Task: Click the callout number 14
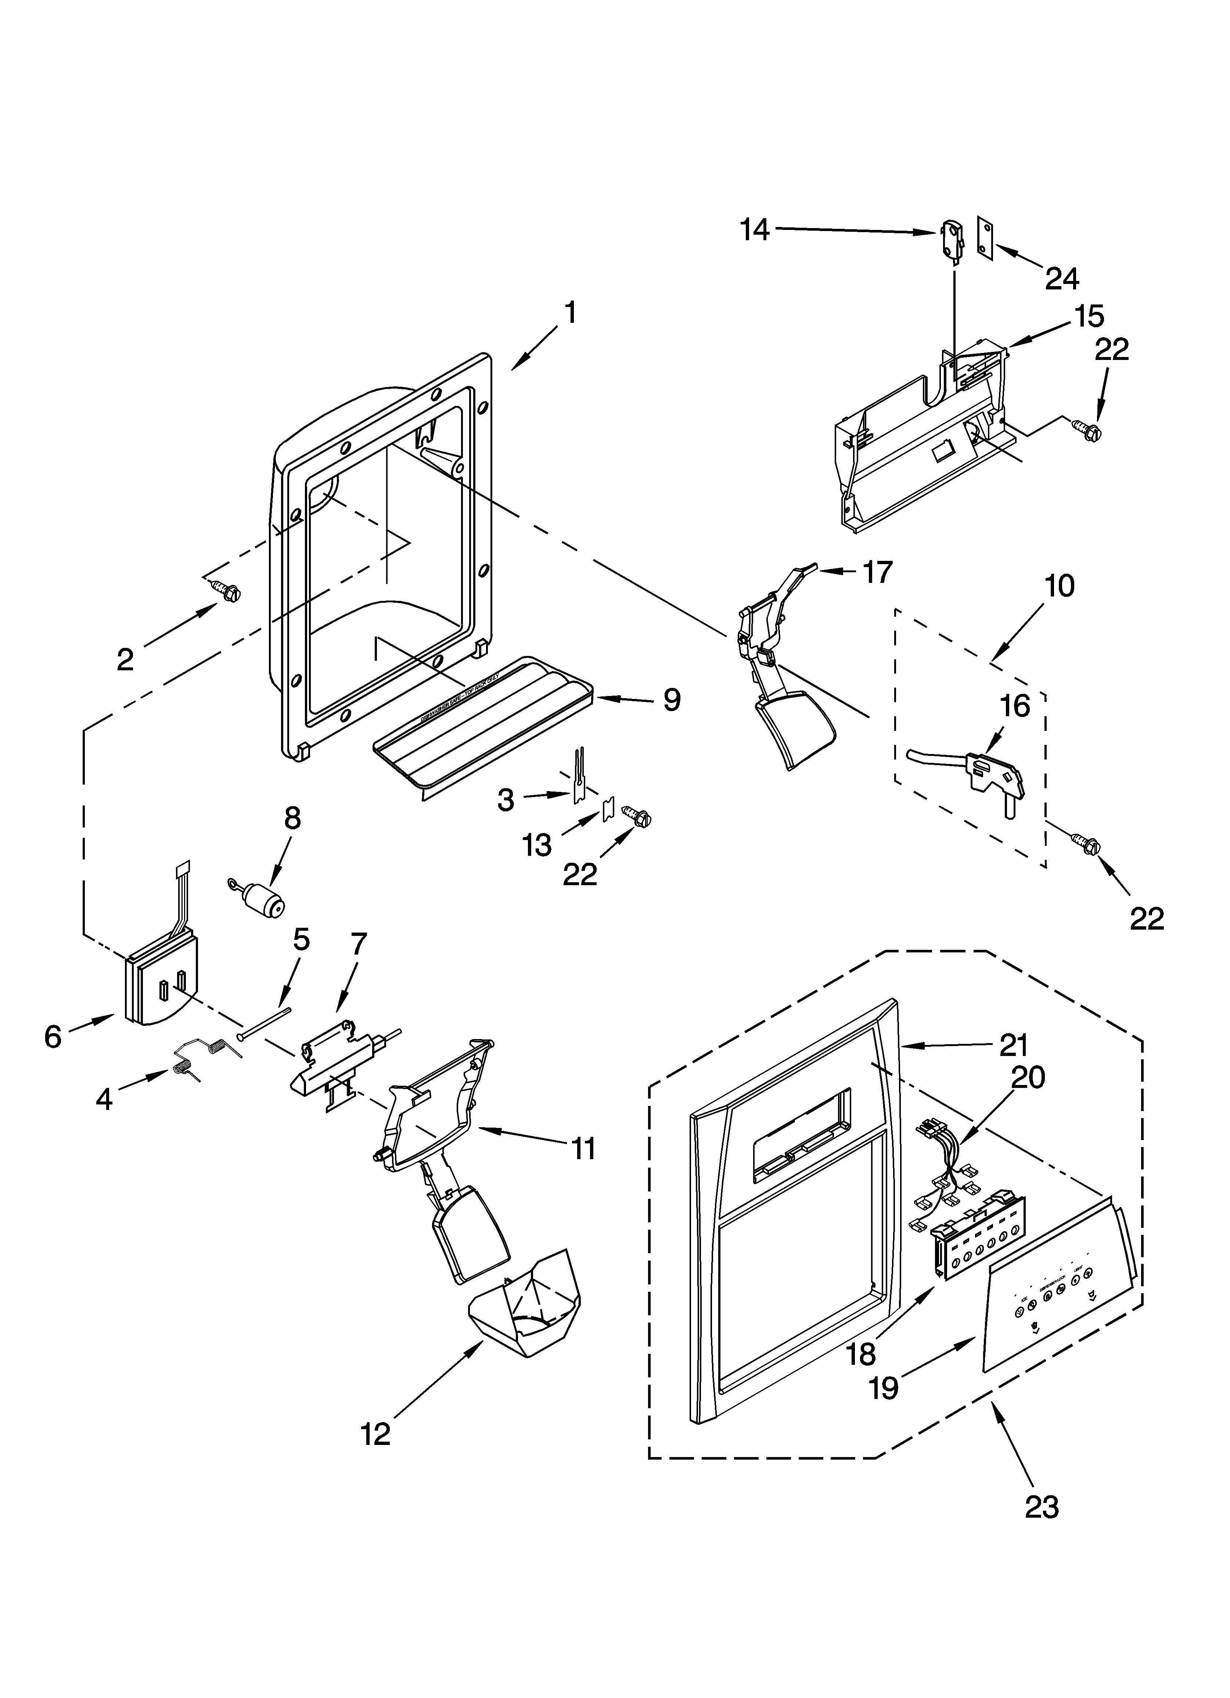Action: pyautogui.click(x=754, y=229)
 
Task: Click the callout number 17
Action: pyautogui.click(x=877, y=572)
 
